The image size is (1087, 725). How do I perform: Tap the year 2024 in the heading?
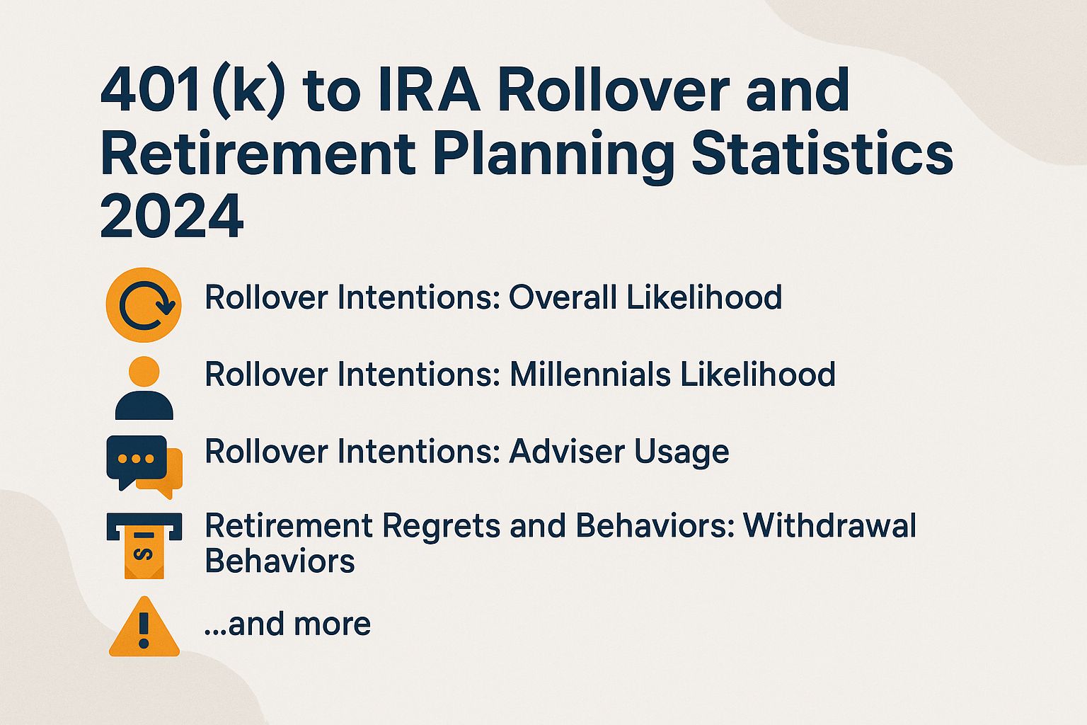coord(172,217)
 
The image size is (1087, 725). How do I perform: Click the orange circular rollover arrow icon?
coord(144,305)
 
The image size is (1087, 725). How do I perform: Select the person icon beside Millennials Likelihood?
coord(144,389)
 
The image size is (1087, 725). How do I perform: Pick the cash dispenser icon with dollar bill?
coord(144,544)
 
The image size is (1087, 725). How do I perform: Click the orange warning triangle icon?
coord(144,628)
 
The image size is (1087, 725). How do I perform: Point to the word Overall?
coord(563,297)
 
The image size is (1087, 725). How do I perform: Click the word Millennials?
coord(590,375)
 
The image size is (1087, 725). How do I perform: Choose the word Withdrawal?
coord(830,526)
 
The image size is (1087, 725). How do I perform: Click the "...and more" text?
coord(287,624)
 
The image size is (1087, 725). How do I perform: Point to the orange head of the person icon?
coord(144,372)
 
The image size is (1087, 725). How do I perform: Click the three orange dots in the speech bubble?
coord(136,458)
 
